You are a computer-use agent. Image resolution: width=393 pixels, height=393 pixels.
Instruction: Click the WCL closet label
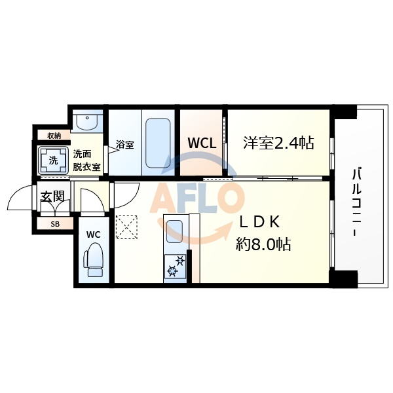click(202, 142)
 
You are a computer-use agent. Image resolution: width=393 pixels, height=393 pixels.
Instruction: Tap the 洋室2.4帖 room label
click(278, 142)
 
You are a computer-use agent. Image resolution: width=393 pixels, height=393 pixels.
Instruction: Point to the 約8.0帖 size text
click(263, 244)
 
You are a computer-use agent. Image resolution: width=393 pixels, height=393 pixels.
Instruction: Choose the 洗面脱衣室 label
click(86, 160)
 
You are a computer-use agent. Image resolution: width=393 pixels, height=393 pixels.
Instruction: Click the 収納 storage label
click(53, 136)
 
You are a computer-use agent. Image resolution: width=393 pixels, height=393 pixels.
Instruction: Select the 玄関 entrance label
click(52, 196)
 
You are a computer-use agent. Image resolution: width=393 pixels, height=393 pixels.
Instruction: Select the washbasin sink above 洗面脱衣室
click(86, 121)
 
